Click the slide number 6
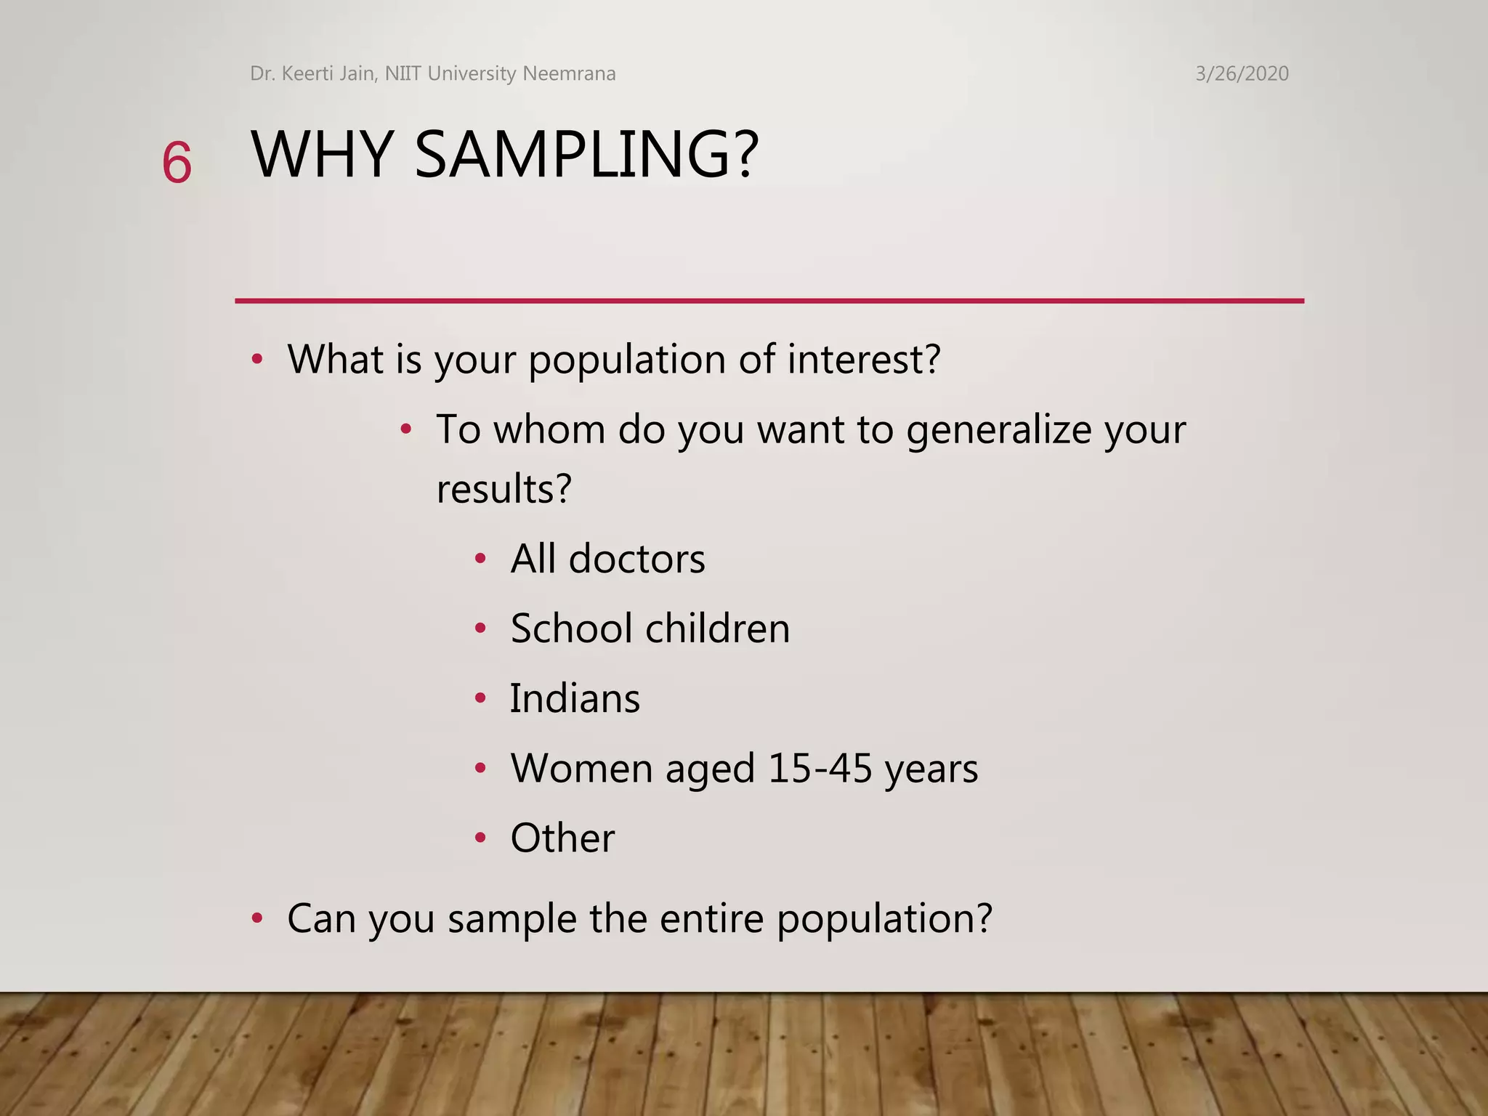(x=177, y=163)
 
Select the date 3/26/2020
(x=1242, y=73)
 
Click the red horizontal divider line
(x=769, y=300)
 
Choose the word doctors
(x=636, y=559)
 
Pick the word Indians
(x=575, y=698)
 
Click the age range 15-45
(x=820, y=768)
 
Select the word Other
(x=562, y=838)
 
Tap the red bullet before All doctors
(x=480, y=559)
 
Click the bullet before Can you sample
(x=256, y=919)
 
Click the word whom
(x=550, y=429)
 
